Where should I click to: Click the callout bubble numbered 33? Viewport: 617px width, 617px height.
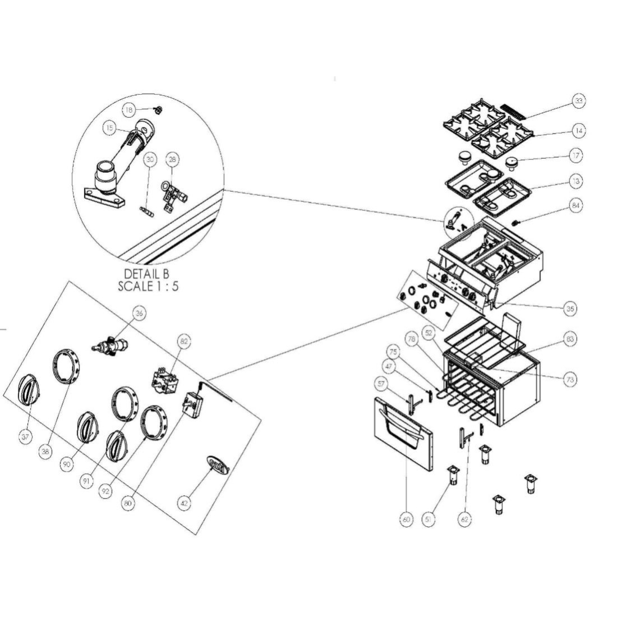tap(578, 101)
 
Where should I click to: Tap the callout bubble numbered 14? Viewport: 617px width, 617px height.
tap(578, 131)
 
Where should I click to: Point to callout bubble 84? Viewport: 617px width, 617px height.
tap(576, 206)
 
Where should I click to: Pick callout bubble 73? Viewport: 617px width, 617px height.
tap(570, 380)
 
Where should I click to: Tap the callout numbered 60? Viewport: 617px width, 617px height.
tap(406, 520)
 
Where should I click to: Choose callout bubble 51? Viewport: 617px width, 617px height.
tap(429, 520)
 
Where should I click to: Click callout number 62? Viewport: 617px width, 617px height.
tap(464, 520)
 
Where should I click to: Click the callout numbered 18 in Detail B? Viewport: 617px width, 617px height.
tap(129, 109)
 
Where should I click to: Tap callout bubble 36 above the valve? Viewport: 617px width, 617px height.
tap(139, 314)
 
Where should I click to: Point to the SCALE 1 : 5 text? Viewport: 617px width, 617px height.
tap(148, 286)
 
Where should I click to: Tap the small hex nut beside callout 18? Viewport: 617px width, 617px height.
tap(158, 109)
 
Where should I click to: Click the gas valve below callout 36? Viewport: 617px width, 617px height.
tap(110, 346)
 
